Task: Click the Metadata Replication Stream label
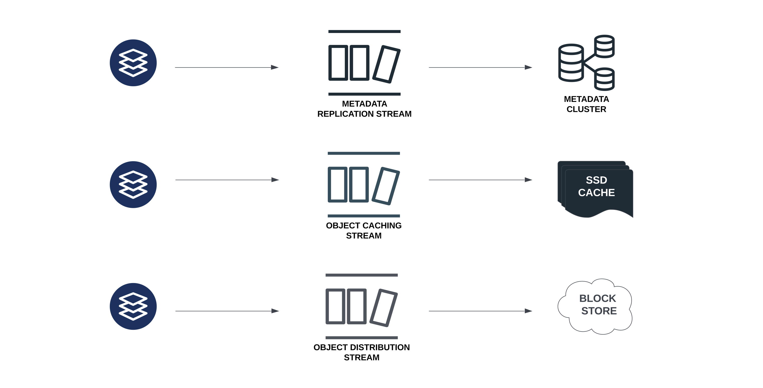(x=364, y=109)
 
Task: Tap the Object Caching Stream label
(x=364, y=231)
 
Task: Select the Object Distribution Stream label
(x=361, y=352)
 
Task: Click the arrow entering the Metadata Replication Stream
(x=226, y=67)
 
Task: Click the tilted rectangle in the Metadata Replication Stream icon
(x=386, y=64)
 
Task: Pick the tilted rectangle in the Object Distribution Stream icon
(x=384, y=308)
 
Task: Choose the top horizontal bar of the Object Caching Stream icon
(x=364, y=153)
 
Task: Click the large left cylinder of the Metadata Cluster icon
(x=571, y=63)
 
